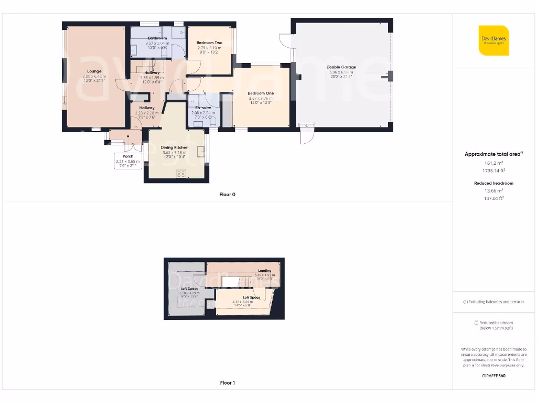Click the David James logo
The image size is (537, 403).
pos(493,40)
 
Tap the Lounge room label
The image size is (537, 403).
pos(94,71)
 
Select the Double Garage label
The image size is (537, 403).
pos(341,67)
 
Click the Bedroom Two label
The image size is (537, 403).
pos(209,43)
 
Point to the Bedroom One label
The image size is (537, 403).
pos(261,93)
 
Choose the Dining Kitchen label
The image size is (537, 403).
pos(174,147)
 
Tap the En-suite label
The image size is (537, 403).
pos(203,108)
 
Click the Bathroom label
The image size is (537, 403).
pos(157,38)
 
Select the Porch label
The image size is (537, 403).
pos(128,156)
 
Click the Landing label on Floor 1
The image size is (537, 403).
pos(264,271)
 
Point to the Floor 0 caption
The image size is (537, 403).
pos(227,195)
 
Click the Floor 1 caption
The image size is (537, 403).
pos(227,383)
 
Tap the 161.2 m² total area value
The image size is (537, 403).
pos(493,163)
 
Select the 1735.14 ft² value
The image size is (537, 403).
pos(493,171)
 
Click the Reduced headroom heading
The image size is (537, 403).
pos(493,183)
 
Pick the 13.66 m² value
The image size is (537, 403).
pos(493,190)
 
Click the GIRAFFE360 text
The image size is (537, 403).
pos(493,376)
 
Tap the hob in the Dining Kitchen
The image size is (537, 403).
pos(182,174)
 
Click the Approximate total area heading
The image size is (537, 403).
pos(492,154)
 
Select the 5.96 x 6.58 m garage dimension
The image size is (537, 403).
pos(341,72)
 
